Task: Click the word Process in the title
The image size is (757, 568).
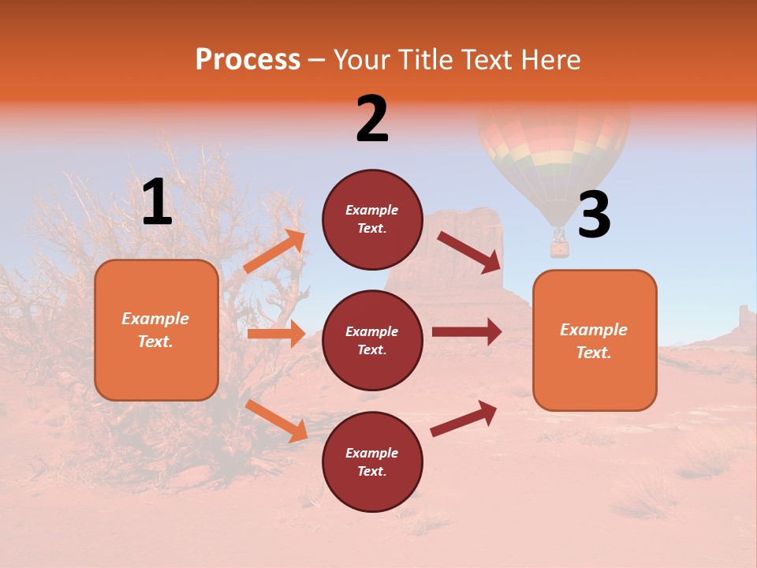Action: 248,60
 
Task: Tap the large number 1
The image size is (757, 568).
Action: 157,203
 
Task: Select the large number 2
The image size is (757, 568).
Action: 372,119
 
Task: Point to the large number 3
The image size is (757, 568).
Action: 594,215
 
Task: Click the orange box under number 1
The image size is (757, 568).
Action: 156,330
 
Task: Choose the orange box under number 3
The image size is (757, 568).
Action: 595,340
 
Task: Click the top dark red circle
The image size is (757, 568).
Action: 372,219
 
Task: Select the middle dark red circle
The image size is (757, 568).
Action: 372,340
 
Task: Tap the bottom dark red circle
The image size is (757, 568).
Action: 372,461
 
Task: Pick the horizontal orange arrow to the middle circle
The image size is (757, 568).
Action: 276,334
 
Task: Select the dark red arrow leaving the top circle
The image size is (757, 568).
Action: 469,252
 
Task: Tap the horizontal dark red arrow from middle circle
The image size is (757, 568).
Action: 466,332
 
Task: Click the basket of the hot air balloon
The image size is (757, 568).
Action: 559,248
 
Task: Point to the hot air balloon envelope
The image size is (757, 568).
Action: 554,150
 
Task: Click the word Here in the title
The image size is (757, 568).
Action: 551,60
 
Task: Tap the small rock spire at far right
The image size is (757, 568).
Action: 744,318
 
